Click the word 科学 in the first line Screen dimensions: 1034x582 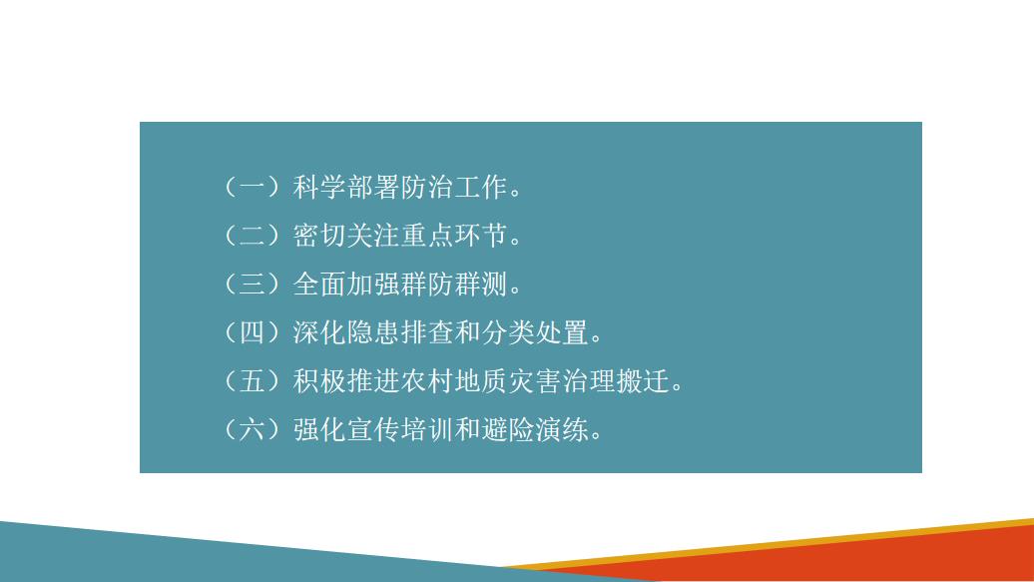coord(319,187)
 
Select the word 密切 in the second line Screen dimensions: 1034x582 coord(319,236)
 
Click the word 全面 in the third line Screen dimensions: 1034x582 coord(319,285)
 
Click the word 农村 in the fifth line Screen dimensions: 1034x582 coord(428,381)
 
